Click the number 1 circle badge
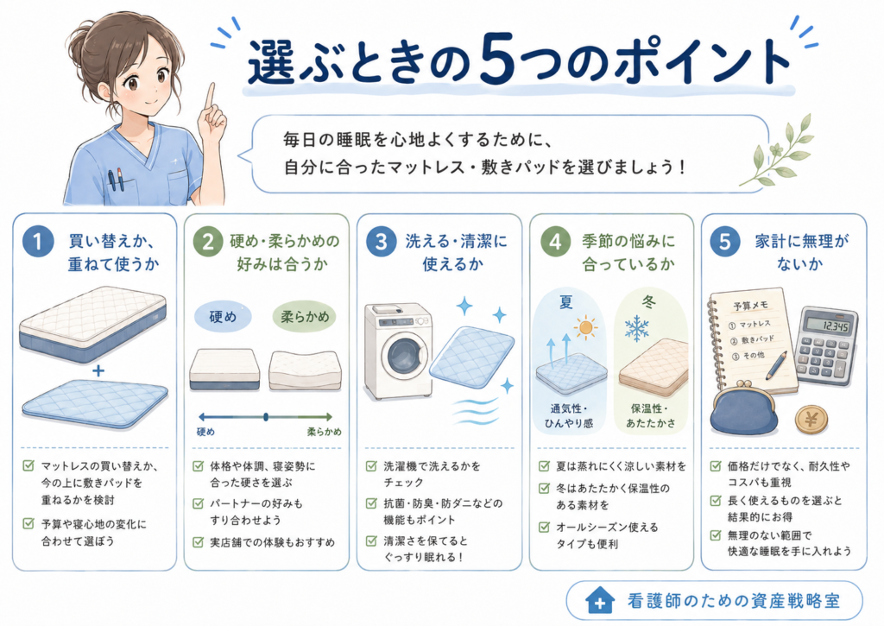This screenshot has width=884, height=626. (38, 242)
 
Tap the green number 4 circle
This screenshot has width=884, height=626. (556, 242)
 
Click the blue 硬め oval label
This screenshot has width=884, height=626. (223, 317)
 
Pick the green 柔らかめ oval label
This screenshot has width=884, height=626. (305, 317)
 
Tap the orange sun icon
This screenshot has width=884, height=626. (586, 327)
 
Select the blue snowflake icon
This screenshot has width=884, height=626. (636, 328)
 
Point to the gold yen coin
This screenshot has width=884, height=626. (811, 420)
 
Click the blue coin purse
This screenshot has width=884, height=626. (745, 408)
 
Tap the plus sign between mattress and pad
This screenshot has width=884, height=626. (98, 370)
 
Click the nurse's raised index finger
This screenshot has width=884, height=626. (211, 97)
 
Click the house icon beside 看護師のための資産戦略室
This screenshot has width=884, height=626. (599, 601)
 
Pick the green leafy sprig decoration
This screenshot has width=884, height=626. (780, 151)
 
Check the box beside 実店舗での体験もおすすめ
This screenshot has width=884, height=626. (198, 542)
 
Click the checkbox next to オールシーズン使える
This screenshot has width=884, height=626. (544, 528)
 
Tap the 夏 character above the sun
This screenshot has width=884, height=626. (566, 303)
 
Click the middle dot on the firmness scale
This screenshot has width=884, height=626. (266, 417)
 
